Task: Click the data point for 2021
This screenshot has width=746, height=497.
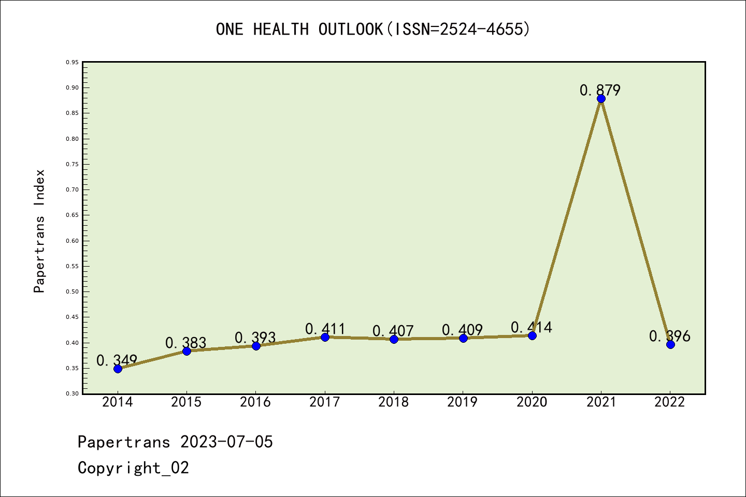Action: pyautogui.click(x=601, y=99)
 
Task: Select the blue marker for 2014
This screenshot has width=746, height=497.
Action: pyautogui.click(x=118, y=369)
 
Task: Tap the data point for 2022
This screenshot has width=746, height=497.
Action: pyautogui.click(x=670, y=344)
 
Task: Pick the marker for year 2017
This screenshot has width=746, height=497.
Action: pyautogui.click(x=325, y=337)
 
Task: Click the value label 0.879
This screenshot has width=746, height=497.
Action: pyautogui.click(x=600, y=91)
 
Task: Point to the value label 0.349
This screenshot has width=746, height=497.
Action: pyautogui.click(x=117, y=360)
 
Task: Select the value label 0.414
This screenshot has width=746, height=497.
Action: pyautogui.click(x=532, y=327)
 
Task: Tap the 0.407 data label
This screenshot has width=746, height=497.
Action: pyautogui.click(x=393, y=331)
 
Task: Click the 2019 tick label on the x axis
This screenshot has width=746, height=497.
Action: pyautogui.click(x=463, y=402)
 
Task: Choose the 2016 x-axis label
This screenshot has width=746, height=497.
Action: pyautogui.click(x=255, y=402)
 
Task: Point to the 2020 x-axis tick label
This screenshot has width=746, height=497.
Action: pyautogui.click(x=532, y=402)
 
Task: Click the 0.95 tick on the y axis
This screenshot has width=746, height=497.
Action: pyautogui.click(x=72, y=63)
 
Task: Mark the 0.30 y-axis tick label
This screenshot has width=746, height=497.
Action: pyautogui.click(x=72, y=394)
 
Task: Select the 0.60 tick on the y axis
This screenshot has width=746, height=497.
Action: pyautogui.click(x=72, y=241)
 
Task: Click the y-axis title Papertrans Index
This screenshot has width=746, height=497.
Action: pyautogui.click(x=39, y=231)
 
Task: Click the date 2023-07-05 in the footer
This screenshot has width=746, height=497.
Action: pyautogui.click(x=226, y=442)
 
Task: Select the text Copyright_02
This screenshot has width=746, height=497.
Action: pyautogui.click(x=133, y=468)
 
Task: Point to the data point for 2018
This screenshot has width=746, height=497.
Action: pyautogui.click(x=394, y=339)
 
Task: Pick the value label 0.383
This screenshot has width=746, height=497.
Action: pyautogui.click(x=185, y=343)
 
